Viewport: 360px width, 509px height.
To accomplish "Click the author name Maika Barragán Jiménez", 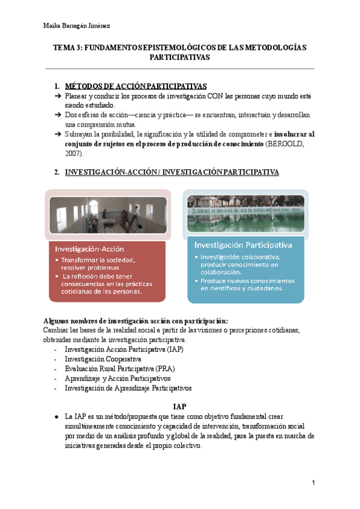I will click(77, 25).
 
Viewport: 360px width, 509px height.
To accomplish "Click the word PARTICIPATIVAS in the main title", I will click(179, 59).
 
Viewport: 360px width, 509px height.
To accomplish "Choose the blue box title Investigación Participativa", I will click(242, 245).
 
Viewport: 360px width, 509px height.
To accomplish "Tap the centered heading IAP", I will click(180, 406).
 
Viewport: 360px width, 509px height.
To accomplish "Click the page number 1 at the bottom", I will click(313, 483).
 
